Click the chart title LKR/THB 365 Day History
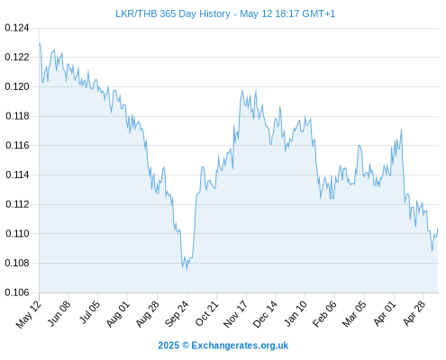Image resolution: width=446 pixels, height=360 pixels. click(x=173, y=13)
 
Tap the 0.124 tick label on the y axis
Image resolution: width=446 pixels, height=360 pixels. click(x=17, y=28)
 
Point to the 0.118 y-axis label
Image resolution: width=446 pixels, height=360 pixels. click(x=17, y=116)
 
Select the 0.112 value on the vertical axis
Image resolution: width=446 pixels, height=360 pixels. click(x=17, y=204)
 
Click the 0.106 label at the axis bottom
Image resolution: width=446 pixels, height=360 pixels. click(x=17, y=292)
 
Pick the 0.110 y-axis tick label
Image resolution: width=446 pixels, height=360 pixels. click(x=17, y=233)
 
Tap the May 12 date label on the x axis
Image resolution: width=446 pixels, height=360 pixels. click(x=28, y=314)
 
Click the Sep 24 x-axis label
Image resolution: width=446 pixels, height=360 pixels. click(x=177, y=314)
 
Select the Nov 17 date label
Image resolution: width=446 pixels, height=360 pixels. click(x=235, y=314)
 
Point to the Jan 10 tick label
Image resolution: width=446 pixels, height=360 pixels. click(x=295, y=314)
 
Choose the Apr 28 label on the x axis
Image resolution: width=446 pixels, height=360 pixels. click(x=414, y=314)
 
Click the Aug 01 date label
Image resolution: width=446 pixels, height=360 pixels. click(x=117, y=314)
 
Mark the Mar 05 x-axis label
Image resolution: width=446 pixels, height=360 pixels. click(x=354, y=314)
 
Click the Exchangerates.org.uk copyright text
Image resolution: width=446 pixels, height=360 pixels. click(x=223, y=346)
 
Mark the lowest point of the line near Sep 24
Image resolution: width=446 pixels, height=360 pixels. click(x=187, y=271)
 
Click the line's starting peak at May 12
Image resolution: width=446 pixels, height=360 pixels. click(x=40, y=44)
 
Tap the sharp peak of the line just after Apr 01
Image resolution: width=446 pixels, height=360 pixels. click(x=401, y=130)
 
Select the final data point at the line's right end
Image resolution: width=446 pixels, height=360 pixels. click(x=438, y=228)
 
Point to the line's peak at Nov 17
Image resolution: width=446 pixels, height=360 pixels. click(x=242, y=90)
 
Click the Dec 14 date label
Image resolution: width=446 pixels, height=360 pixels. click(x=265, y=314)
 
